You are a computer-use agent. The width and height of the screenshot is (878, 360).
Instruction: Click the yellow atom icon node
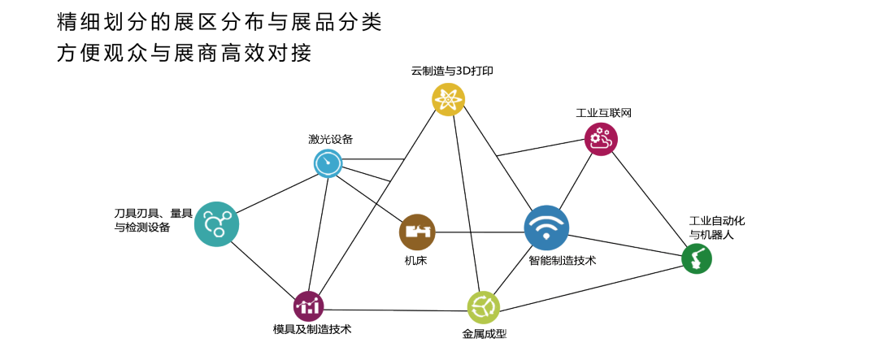[448, 99]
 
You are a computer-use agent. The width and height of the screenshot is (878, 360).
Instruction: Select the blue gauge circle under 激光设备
[328, 164]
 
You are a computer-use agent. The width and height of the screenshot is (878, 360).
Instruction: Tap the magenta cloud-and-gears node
[601, 139]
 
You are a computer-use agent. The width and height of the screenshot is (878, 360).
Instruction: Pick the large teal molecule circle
[216, 223]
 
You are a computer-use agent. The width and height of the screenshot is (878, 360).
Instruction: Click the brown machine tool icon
[418, 232]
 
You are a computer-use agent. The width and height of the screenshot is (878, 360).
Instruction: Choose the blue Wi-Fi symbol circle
[546, 228]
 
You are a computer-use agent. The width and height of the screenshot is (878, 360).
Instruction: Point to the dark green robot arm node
[696, 259]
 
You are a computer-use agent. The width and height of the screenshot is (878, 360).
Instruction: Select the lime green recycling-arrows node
[484, 307]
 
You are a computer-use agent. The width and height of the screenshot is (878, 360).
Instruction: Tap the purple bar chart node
[309, 306]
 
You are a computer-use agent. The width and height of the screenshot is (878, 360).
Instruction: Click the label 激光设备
[330, 138]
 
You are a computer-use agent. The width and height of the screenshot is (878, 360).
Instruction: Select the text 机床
[416, 261]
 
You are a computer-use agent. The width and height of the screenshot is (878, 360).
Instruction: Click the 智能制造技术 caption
[563, 262]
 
